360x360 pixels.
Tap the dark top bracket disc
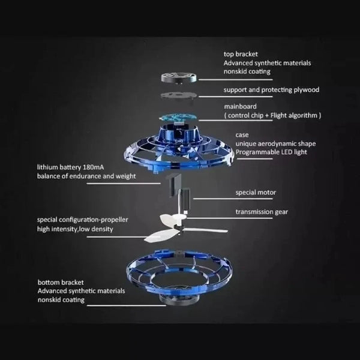(x=177, y=77)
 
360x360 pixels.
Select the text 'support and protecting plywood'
(x=272, y=90)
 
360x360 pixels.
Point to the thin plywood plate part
(x=177, y=97)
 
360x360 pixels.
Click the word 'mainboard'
(x=241, y=106)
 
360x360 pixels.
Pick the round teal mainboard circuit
(x=178, y=117)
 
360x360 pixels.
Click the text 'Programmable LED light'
(x=271, y=152)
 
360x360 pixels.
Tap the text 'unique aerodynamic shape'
(x=274, y=143)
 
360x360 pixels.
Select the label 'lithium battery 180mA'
(x=71, y=167)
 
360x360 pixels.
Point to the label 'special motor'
(x=256, y=193)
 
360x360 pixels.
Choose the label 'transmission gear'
(x=261, y=211)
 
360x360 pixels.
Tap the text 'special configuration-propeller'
(x=83, y=220)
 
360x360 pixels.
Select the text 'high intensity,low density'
(x=74, y=229)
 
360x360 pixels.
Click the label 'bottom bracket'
(x=60, y=283)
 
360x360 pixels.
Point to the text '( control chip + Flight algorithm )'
(x=273, y=115)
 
